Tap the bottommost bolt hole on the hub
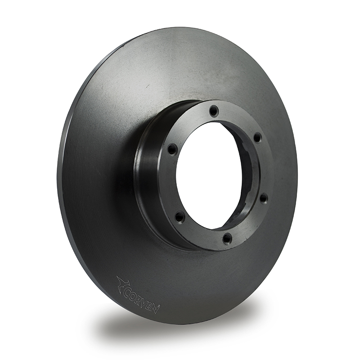pyautogui.click(x=227, y=238)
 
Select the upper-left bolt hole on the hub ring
pyautogui.click(x=172, y=148)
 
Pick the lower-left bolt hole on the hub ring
pyautogui.click(x=180, y=216)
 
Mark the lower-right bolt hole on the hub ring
pyautogui.click(x=263, y=198)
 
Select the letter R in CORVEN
pyautogui.click(x=139, y=300)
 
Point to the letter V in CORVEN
pyautogui.click(x=145, y=303)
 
